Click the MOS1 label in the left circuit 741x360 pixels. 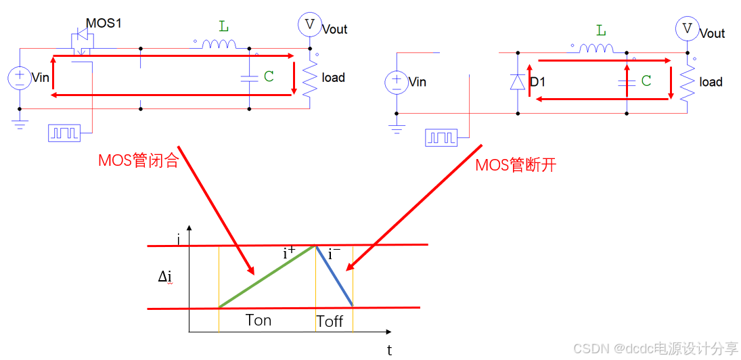(103, 24)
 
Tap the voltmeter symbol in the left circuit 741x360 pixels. (310, 24)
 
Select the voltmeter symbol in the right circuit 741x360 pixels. (688, 28)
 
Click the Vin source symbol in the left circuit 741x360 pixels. (20, 77)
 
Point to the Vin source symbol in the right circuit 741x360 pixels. (397, 83)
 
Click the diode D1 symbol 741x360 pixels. (518, 82)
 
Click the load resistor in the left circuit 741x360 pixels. (310, 79)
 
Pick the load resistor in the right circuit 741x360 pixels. (688, 83)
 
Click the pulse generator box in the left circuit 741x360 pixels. (64, 133)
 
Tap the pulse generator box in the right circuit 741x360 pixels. (441, 137)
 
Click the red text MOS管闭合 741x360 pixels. (138, 161)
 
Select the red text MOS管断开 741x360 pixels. (516, 165)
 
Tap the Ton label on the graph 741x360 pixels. (258, 320)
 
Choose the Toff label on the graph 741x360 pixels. (330, 321)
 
